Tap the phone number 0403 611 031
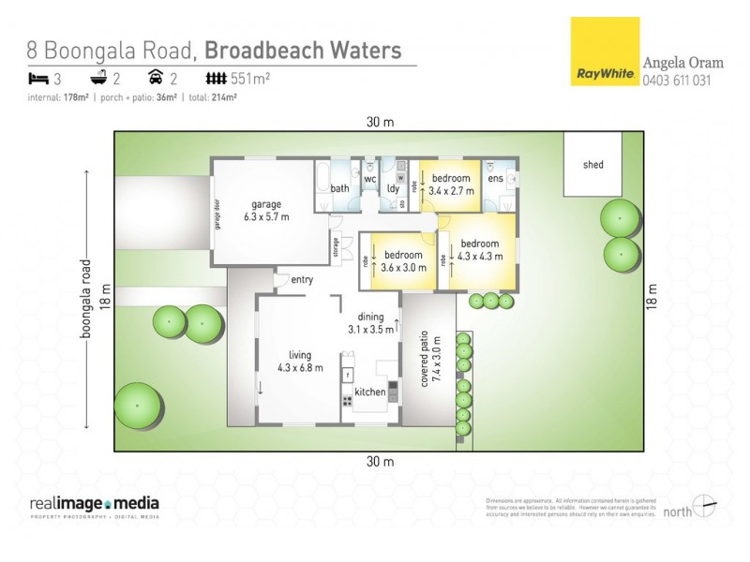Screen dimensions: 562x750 [676, 81]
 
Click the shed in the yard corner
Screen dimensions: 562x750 [593, 165]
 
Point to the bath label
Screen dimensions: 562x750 [339, 188]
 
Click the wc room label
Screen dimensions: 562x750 [369, 178]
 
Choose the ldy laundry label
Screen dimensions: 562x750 [394, 188]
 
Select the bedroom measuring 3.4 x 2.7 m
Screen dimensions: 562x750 [451, 185]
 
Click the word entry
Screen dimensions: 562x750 [302, 280]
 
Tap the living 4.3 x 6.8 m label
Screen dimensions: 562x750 [300, 361]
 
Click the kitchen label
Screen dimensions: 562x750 [370, 392]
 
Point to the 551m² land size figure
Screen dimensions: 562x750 [250, 79]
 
